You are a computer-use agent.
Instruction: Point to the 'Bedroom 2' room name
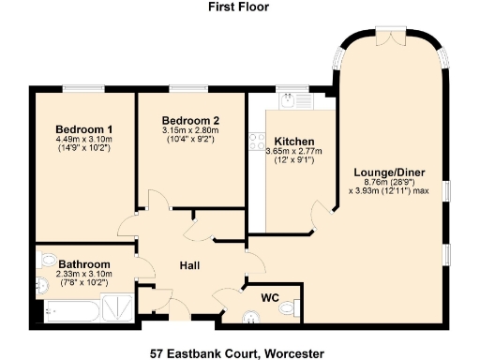click(x=189, y=120)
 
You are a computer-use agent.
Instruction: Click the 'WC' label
click(x=271, y=297)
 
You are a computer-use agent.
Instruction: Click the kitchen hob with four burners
click(x=255, y=142)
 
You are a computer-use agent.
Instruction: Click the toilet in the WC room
click(x=294, y=307)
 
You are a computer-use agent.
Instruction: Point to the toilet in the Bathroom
click(x=42, y=285)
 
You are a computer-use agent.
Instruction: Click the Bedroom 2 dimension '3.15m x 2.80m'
click(x=189, y=130)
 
